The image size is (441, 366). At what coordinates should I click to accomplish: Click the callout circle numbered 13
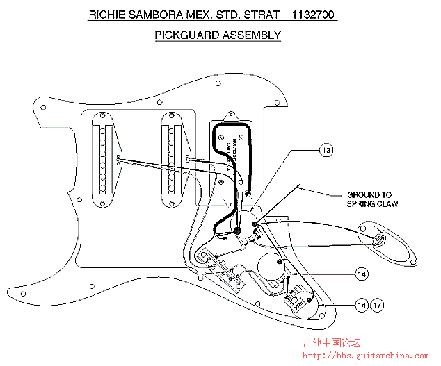tap(326, 150)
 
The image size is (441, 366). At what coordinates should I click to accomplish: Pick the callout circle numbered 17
tap(376, 305)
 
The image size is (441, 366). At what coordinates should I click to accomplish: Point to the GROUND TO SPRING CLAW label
tap(369, 199)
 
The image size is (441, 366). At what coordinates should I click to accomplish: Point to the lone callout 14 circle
tap(361, 274)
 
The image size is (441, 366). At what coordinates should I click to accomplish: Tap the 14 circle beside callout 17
tap(361, 305)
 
